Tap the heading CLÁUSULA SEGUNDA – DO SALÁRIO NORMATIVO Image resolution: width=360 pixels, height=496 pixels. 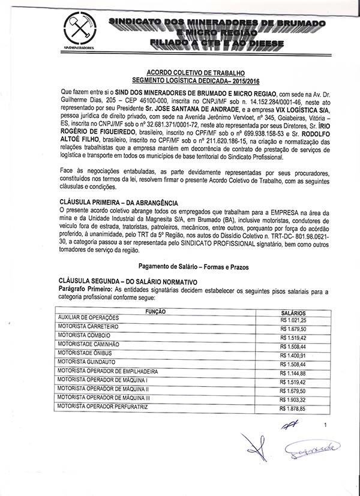click(x=128, y=281)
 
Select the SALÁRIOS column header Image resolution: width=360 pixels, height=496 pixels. click(x=293, y=312)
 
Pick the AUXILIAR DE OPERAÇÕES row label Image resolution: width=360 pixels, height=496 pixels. click(x=88, y=317)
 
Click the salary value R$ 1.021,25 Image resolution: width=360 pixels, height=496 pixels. click(x=293, y=321)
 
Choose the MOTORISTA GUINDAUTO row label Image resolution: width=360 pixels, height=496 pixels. click(x=86, y=362)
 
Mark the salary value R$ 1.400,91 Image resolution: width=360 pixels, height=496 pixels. click(x=293, y=355)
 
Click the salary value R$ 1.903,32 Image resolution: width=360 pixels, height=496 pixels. click(x=293, y=399)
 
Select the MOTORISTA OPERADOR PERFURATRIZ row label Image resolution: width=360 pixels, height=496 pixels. click(x=103, y=408)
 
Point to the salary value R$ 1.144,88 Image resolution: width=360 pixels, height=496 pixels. click(x=293, y=373)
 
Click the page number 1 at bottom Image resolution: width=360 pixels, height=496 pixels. click(x=325, y=425)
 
